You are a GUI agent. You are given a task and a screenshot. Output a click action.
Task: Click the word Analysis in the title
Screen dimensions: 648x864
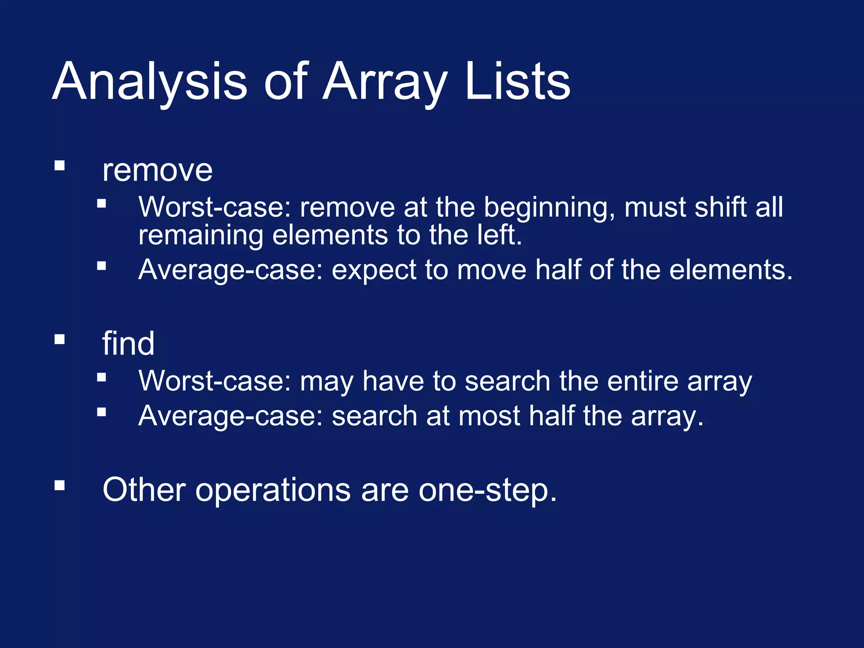[150, 81]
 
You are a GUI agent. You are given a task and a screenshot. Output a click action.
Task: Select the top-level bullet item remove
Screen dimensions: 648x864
[157, 171]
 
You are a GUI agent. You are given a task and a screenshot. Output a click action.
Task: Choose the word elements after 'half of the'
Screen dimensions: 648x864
[728, 270]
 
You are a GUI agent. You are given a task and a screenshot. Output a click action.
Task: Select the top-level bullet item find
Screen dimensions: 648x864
[128, 344]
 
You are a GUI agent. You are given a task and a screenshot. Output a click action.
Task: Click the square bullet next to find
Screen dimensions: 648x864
[59, 339]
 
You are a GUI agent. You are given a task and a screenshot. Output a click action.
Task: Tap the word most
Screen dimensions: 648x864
[489, 416]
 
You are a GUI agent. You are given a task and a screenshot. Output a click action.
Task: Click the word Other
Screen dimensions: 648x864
[144, 490]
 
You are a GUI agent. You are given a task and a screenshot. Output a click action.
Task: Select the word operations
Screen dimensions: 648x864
[273, 491]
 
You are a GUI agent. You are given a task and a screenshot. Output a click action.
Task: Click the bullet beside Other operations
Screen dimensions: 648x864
[59, 486]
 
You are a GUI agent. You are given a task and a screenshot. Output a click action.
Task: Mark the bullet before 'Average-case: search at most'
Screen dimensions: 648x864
[101, 412]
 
